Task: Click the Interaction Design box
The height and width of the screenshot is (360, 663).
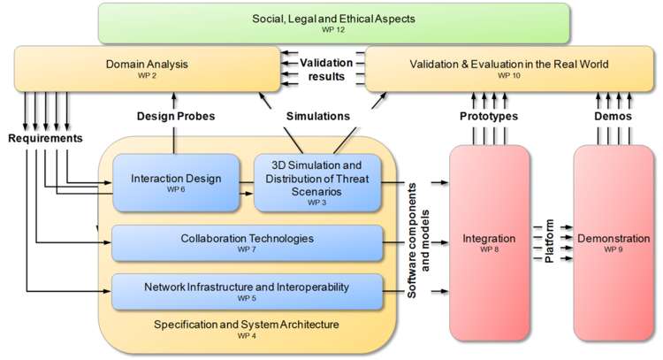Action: coord(176,182)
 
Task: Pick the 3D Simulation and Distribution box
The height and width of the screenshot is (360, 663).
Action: coord(317,183)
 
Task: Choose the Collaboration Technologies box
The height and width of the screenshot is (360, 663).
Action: coord(247,242)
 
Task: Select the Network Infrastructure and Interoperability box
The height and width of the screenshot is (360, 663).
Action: coord(247,291)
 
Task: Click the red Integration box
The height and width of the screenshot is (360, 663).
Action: coord(489,242)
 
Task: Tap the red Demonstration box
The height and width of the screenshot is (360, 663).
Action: coord(613,242)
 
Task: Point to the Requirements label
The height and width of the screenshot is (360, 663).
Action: coord(45,139)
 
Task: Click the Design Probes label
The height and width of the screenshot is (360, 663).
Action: coord(177,116)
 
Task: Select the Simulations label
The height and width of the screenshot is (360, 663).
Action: coord(316,116)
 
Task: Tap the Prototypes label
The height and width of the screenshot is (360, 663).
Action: coord(489,116)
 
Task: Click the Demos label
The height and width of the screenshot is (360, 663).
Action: coord(613,116)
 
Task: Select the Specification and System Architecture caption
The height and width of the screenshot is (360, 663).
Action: coord(247,325)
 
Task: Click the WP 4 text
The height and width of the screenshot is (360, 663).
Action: coord(247,336)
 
